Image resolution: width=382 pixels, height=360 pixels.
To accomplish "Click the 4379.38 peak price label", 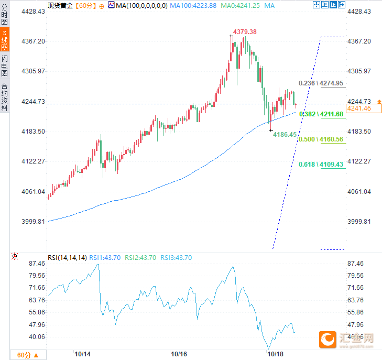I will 245,32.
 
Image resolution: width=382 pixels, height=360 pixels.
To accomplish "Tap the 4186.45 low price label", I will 285,135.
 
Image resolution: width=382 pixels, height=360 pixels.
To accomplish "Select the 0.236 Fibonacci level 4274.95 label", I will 321,83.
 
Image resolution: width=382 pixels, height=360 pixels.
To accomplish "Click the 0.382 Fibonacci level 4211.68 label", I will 321,114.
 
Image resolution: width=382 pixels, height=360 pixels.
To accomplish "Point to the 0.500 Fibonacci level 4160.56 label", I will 321,139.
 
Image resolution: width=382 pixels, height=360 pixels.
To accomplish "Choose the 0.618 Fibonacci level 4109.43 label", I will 321,165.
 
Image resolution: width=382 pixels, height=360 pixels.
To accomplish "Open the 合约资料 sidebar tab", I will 5,97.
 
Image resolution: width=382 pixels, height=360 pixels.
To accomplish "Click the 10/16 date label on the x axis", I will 179,354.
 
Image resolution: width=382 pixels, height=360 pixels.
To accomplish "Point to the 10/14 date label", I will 83,354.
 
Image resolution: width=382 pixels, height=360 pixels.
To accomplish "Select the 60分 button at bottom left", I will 27,355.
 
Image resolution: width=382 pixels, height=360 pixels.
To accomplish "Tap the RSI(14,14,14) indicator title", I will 67,257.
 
